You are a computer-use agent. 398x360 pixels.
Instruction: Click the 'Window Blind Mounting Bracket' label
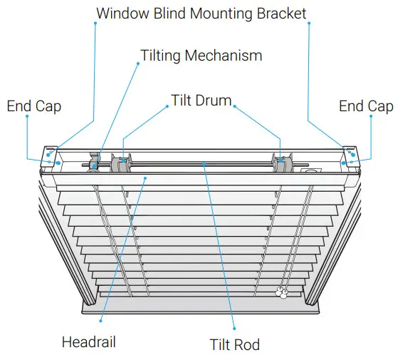point(201,13)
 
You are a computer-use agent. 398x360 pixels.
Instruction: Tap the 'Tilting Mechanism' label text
point(201,55)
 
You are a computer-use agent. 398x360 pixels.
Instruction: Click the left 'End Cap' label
point(34,106)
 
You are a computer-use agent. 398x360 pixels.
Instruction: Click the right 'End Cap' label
point(365,106)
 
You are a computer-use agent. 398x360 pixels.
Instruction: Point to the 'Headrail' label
point(89,341)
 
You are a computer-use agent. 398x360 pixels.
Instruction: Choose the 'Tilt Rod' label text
point(235,344)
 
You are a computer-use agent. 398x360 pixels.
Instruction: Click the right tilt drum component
point(282,165)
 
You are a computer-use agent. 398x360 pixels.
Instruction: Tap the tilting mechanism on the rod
point(95,163)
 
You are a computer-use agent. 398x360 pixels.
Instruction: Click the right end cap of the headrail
point(351,158)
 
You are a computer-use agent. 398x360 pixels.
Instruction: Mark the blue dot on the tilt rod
point(205,164)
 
